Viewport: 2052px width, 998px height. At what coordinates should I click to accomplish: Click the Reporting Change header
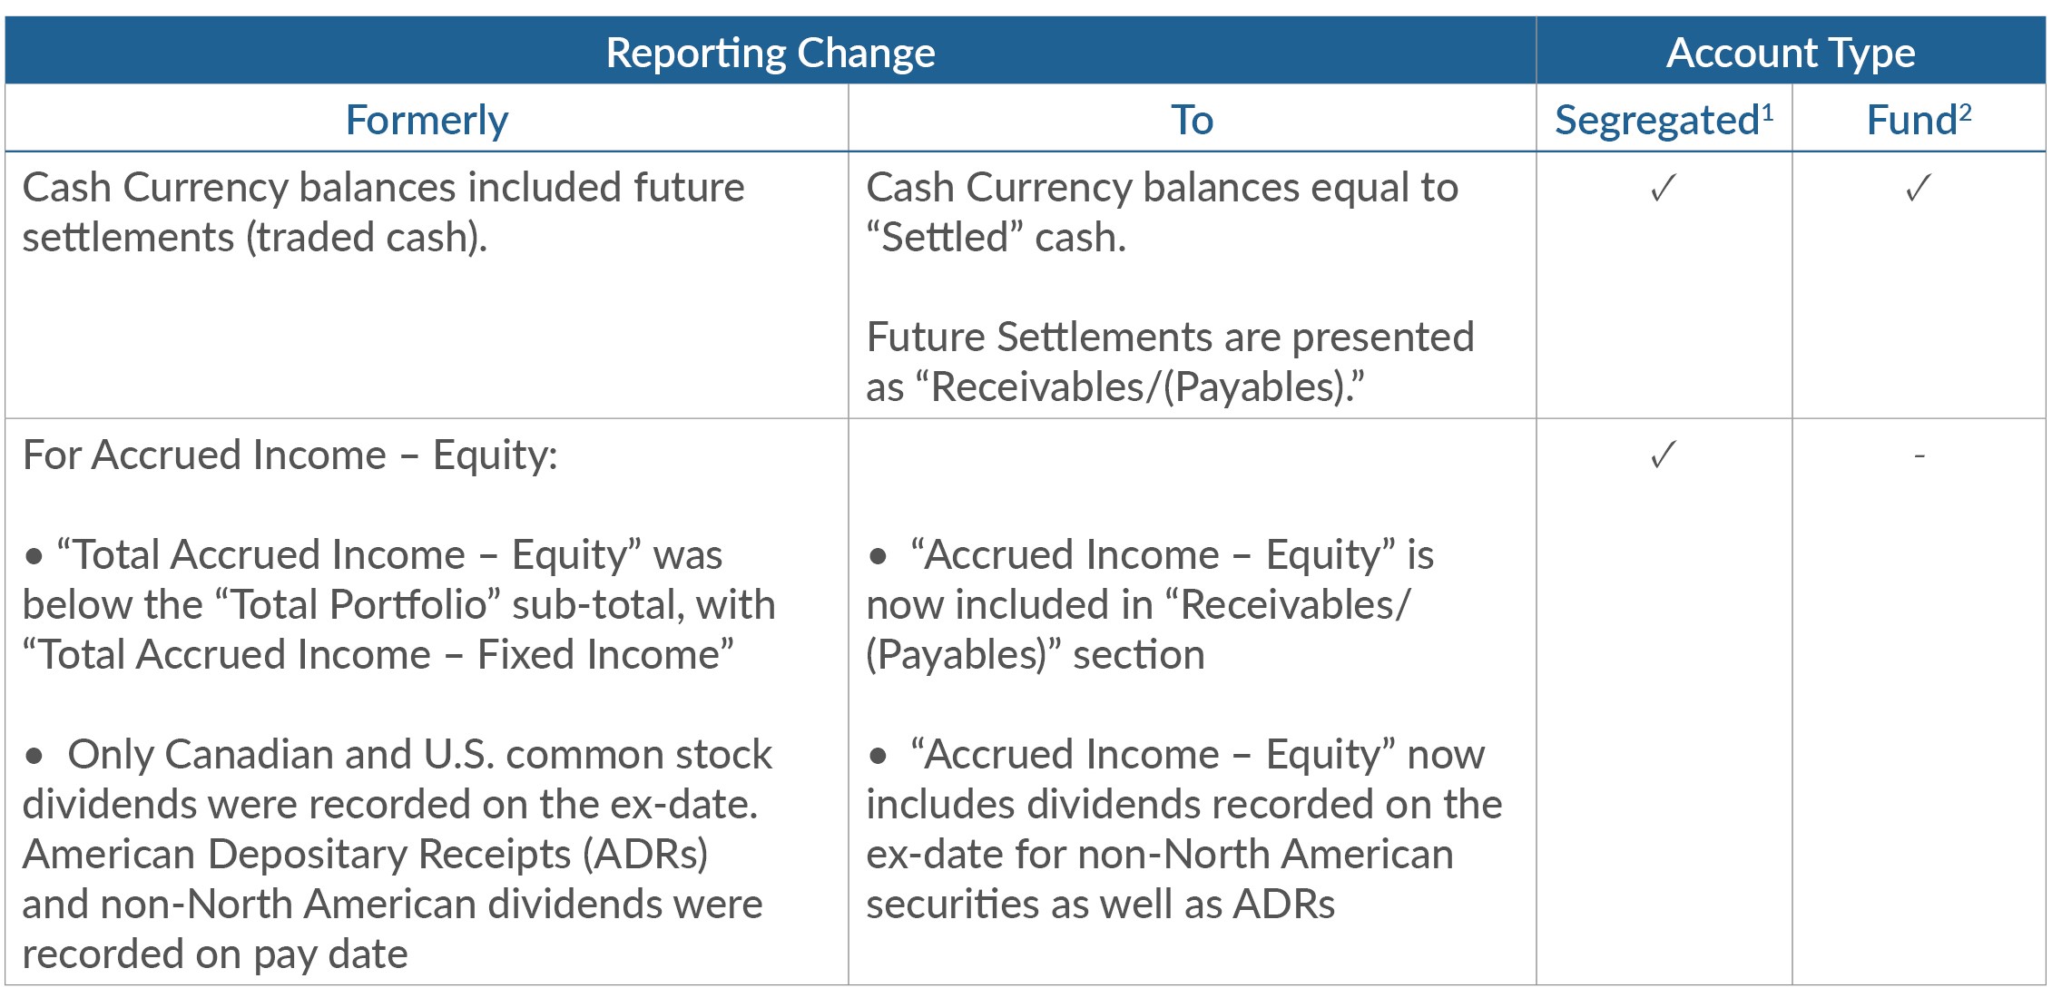tap(770, 53)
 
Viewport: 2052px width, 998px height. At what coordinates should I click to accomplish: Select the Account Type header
tap(1791, 53)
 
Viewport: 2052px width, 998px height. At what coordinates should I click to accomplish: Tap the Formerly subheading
tap(427, 120)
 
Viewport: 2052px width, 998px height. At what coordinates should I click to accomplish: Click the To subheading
tap(1192, 120)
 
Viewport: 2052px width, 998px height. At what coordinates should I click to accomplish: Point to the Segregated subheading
tap(1657, 121)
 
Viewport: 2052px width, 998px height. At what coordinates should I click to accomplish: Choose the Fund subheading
tap(1911, 120)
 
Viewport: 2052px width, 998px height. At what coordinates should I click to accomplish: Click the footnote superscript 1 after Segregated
tap(1767, 113)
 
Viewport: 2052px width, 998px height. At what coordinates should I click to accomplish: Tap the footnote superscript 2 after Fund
tap(1965, 113)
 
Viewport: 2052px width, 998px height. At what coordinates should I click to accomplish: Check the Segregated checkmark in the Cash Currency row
tap(1664, 188)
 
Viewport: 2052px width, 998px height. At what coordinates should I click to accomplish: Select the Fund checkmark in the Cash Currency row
tap(1918, 188)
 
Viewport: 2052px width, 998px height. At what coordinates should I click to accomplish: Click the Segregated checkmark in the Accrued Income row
tap(1664, 455)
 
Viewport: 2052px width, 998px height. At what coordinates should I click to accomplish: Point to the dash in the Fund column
tap(1919, 455)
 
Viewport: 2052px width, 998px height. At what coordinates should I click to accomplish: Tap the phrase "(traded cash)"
tap(367, 238)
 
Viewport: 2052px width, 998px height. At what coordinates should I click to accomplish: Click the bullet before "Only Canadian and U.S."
tap(34, 755)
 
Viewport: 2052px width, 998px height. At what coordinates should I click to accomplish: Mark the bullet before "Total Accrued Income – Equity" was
tap(34, 555)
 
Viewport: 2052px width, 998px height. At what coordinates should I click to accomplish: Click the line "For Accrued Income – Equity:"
tap(290, 455)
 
